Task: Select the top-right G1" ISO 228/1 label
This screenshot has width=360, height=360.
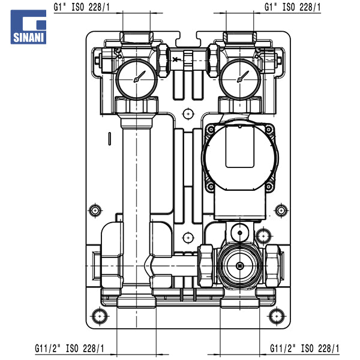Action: (x=293, y=7)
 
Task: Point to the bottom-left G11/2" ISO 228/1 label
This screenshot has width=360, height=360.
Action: (x=69, y=349)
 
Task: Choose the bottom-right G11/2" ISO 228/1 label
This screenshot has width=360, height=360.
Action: (x=305, y=349)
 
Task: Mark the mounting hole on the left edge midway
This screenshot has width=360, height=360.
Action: (x=95, y=211)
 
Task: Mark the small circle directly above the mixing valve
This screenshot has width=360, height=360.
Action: (x=239, y=229)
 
